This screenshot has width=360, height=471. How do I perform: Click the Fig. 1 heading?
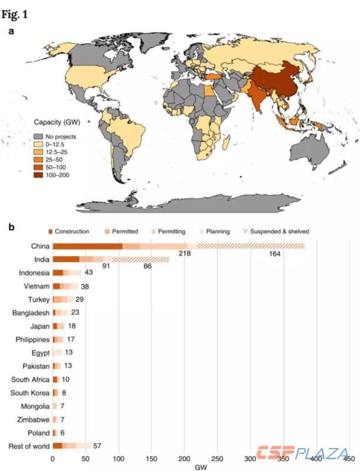(x=17, y=11)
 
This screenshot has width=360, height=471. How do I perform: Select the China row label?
(x=38, y=246)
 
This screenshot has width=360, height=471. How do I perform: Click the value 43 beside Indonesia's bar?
(x=88, y=273)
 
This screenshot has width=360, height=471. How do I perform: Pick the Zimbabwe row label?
(x=32, y=419)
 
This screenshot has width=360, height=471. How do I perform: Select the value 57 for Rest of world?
(x=98, y=446)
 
